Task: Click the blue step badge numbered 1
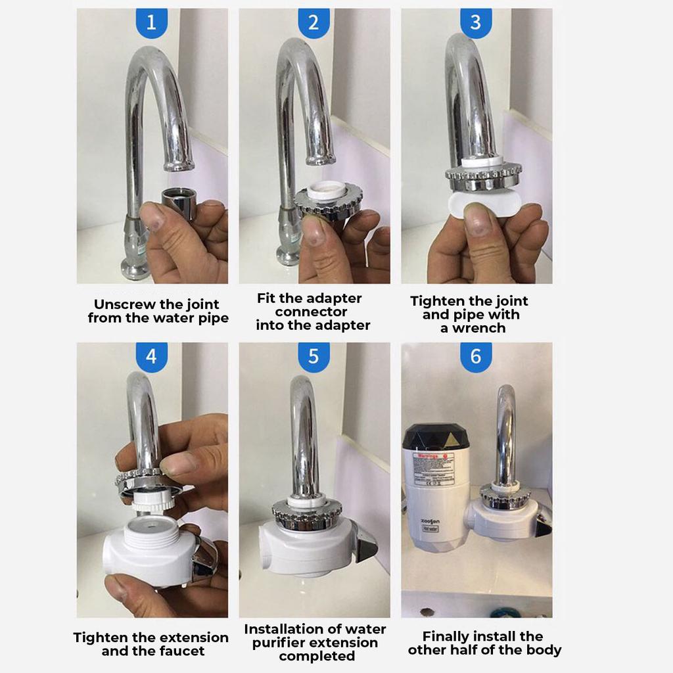pos(151,23)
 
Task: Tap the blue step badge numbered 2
pos(313,23)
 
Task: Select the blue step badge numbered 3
pos(476,23)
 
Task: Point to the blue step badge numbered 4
pos(151,357)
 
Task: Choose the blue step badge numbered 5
pos(313,357)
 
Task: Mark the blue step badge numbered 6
pos(476,357)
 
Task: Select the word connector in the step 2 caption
pos(312,312)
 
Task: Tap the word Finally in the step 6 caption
pos(449,636)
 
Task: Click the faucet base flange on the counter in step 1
pos(135,269)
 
